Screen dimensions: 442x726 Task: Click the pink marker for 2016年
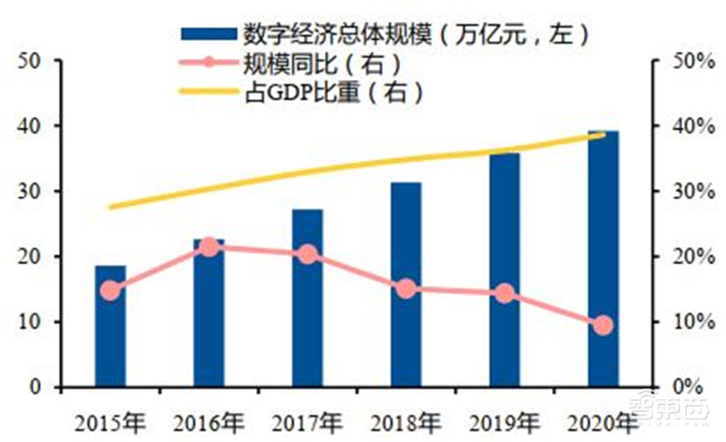209,247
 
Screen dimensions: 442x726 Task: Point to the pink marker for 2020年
603,325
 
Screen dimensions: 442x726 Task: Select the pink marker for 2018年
407,289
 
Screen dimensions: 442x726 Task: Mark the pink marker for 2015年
110,290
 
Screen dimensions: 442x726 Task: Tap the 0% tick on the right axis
690,388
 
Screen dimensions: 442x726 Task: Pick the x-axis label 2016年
209,421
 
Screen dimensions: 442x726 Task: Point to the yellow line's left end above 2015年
110,207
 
